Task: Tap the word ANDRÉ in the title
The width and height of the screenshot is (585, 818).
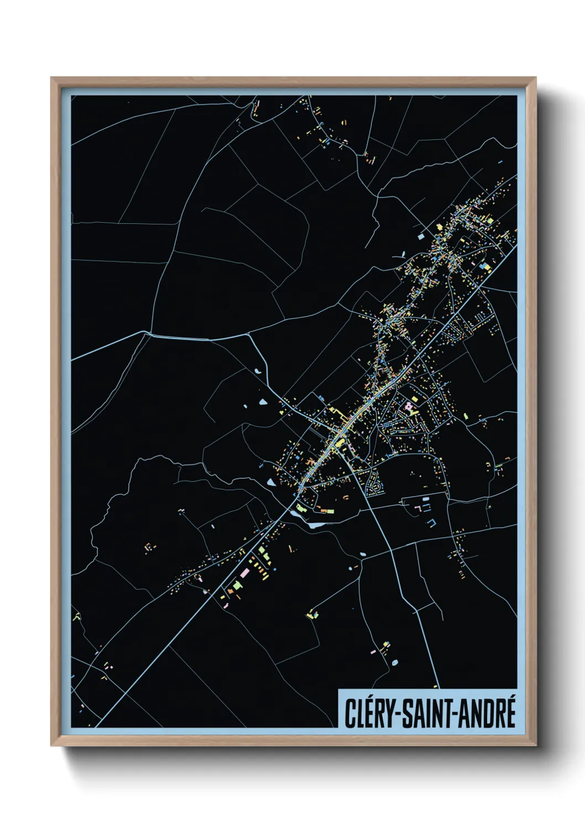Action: [x=487, y=713]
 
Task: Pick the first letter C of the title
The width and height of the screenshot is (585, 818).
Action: [x=350, y=714]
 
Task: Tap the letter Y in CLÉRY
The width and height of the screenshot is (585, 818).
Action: [x=388, y=714]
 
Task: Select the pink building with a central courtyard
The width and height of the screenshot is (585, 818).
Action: [x=409, y=407]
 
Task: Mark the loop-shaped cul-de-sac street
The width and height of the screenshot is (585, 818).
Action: [x=376, y=486]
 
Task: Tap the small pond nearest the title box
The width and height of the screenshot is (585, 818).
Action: [x=395, y=662]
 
